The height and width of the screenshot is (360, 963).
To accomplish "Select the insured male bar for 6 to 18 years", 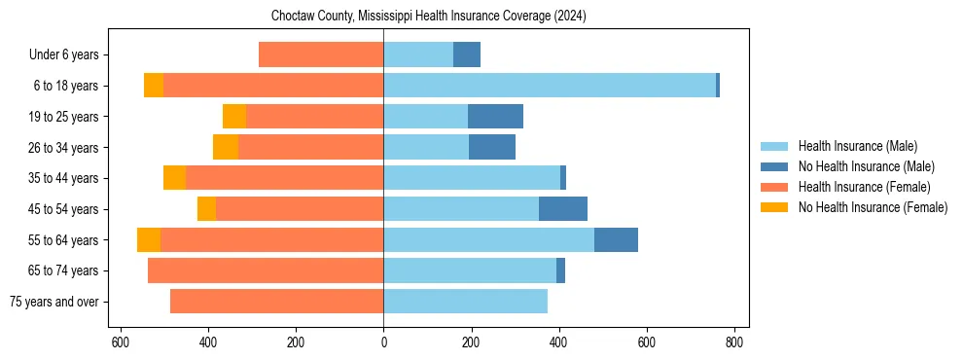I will (x=550, y=86).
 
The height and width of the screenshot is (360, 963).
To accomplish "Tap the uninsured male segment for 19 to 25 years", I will (x=495, y=117).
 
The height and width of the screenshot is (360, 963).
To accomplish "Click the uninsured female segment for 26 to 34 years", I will (x=226, y=147).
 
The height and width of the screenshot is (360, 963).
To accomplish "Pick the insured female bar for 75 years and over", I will (x=276, y=302).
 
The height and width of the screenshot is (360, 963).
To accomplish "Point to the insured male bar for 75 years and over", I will (x=465, y=302).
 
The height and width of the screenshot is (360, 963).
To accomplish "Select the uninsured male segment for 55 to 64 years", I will (x=616, y=240).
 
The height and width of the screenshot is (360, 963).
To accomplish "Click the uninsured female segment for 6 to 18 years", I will (x=153, y=86).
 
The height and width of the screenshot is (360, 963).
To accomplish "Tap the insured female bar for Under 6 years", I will (x=321, y=54).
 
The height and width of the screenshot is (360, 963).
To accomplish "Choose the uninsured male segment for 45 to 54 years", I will (x=563, y=209).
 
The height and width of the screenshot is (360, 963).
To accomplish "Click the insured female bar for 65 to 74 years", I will (x=266, y=270).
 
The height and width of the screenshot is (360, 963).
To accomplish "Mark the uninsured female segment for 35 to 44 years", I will (x=174, y=178).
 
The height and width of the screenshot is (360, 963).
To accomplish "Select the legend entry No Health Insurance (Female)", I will (x=873, y=207).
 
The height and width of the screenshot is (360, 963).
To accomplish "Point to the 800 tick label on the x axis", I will (x=734, y=342).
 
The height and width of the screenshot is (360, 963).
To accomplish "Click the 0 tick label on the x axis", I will (x=383, y=342).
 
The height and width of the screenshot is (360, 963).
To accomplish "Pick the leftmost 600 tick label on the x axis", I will (x=121, y=342).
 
